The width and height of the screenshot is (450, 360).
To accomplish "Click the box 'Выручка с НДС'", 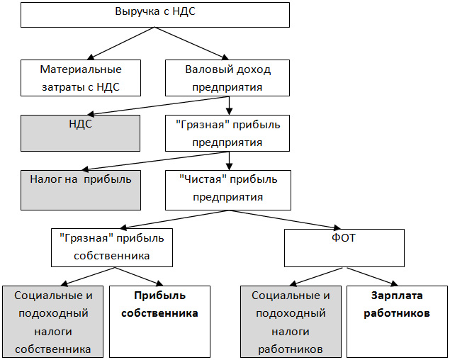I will tap(156, 14).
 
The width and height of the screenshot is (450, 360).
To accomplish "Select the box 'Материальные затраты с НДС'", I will tap(81, 78).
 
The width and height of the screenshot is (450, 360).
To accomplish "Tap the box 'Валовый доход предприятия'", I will tap(228, 78).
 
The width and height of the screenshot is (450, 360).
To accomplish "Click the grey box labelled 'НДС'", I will tap(81, 133).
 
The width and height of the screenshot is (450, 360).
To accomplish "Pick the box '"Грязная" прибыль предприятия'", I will tap(228, 133).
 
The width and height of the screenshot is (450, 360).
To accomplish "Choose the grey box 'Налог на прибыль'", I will tap(81, 189).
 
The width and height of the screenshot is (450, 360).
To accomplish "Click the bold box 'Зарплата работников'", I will tap(396, 321).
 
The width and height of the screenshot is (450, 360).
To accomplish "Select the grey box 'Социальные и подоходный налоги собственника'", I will tap(52, 321).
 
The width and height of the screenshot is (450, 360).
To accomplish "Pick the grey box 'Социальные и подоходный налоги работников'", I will tap(291, 321).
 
